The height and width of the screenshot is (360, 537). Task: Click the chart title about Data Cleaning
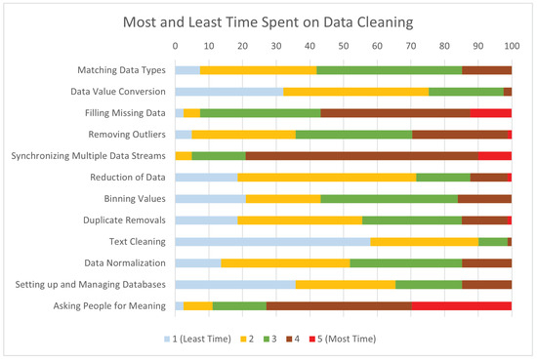[x=268, y=20]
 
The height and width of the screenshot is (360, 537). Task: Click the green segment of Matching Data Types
[x=389, y=69]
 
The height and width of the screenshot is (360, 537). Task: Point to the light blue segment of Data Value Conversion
[x=228, y=91]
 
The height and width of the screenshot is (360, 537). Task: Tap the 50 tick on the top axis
[x=343, y=46]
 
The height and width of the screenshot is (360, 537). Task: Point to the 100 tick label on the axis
[x=511, y=46]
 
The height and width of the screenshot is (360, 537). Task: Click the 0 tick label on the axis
[x=175, y=46]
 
